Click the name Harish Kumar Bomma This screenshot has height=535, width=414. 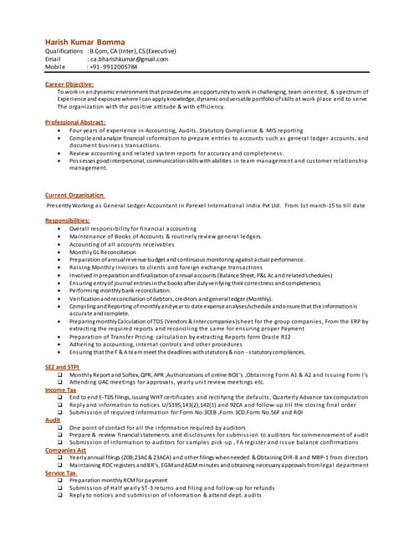tap(84, 42)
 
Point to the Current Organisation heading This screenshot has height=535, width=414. tap(74, 195)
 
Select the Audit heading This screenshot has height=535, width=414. tap(52, 420)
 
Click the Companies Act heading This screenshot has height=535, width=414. tap(65, 450)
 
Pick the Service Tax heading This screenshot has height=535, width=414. tap(61, 472)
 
